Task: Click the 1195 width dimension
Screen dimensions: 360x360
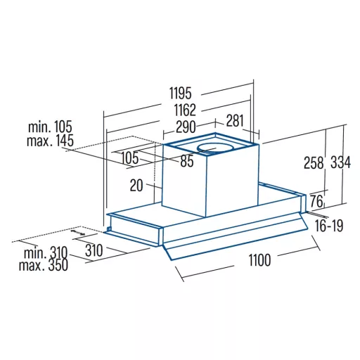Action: (x=181, y=93)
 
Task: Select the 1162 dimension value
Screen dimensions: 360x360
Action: (x=185, y=110)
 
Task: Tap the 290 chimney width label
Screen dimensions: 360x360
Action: (x=186, y=127)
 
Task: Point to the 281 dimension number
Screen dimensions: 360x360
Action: (x=235, y=121)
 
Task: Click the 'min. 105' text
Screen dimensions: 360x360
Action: (x=50, y=127)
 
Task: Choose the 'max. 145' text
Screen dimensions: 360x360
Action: (x=50, y=141)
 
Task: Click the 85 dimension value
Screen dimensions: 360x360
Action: (x=187, y=161)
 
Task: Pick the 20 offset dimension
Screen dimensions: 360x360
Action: (x=136, y=186)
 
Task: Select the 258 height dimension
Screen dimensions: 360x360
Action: (x=314, y=162)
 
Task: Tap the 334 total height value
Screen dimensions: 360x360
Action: (x=341, y=162)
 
